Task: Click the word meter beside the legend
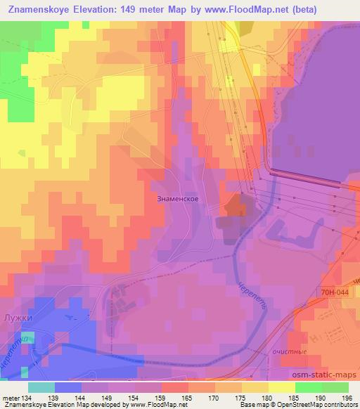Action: point(11,398)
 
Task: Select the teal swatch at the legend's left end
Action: point(41,387)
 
